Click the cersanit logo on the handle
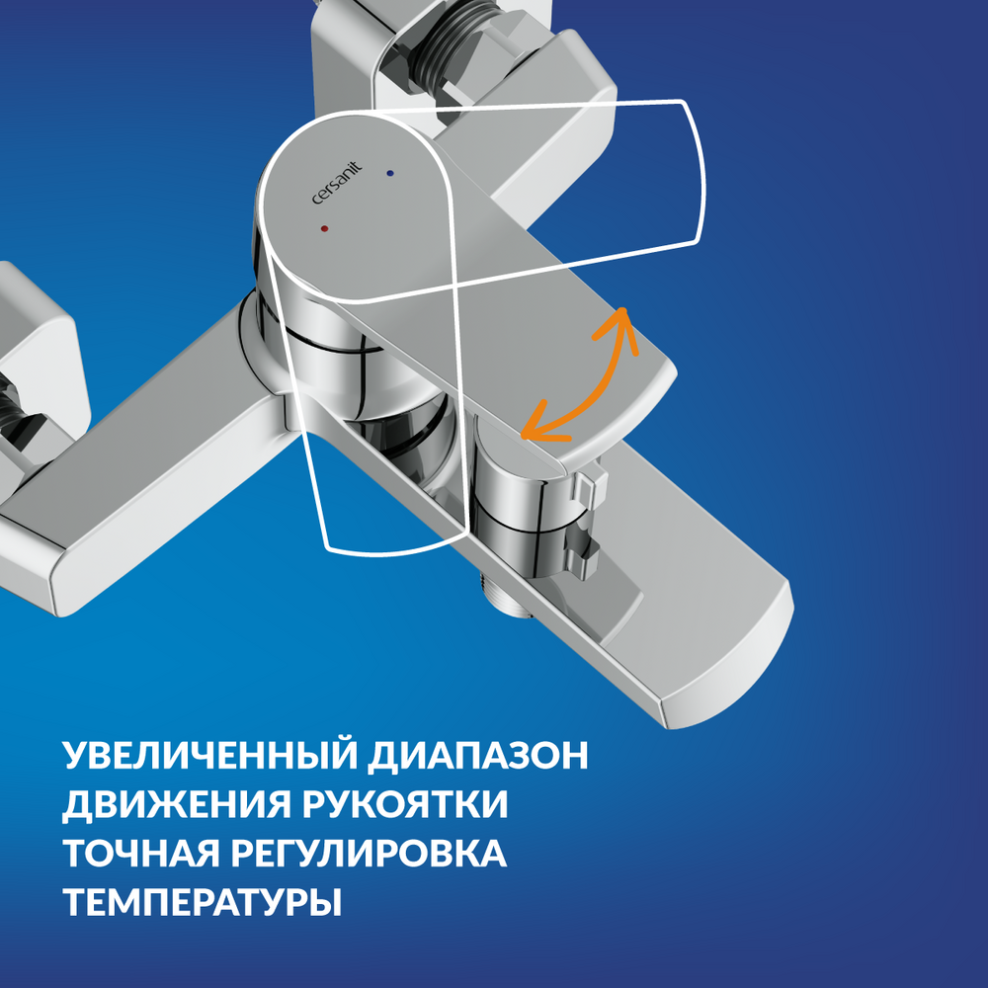[x=337, y=183]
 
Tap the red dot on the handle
[x=324, y=228]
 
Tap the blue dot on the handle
[x=390, y=173]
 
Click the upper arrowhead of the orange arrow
[x=621, y=323]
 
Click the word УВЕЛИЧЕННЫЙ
[x=211, y=756]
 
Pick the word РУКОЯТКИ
[x=404, y=804]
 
